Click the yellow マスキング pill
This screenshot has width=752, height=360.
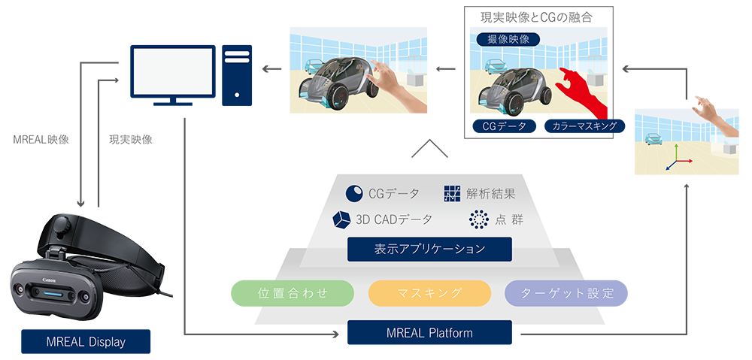point(429,293)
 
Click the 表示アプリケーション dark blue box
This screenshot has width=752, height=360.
point(429,249)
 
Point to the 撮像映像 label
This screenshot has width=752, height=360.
point(503,38)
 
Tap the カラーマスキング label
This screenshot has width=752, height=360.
point(584,126)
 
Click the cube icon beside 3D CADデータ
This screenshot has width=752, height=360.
point(340,219)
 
